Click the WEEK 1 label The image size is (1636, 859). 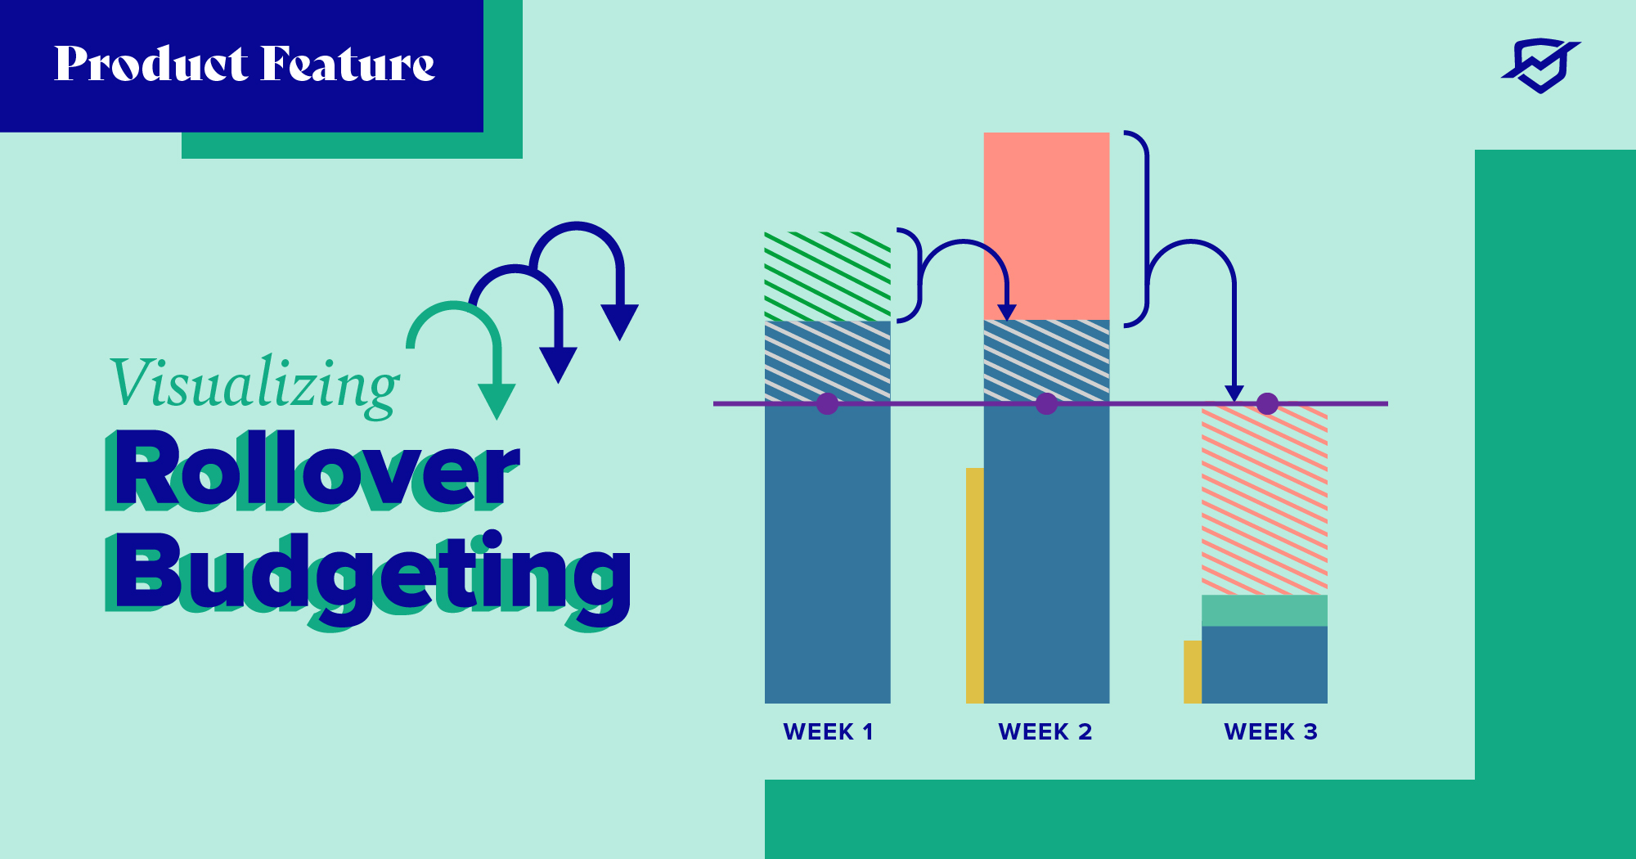click(828, 731)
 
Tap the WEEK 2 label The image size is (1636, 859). click(1045, 731)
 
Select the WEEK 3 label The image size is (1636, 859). click(1270, 731)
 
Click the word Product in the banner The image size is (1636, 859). click(151, 64)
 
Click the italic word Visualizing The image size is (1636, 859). click(255, 385)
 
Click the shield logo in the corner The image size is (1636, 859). click(1541, 65)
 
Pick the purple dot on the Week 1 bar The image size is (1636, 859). click(828, 403)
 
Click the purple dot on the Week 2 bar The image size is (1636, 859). click(1046, 403)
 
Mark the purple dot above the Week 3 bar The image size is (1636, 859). click(1267, 403)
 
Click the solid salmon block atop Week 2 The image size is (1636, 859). click(1046, 226)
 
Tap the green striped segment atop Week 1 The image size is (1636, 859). click(828, 277)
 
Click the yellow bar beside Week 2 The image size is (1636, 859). click(974, 585)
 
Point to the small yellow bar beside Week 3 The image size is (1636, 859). click(1193, 672)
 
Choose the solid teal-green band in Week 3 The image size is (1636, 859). click(1265, 610)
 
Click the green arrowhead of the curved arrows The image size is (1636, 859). click(497, 401)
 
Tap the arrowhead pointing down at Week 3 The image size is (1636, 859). click(1234, 394)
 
